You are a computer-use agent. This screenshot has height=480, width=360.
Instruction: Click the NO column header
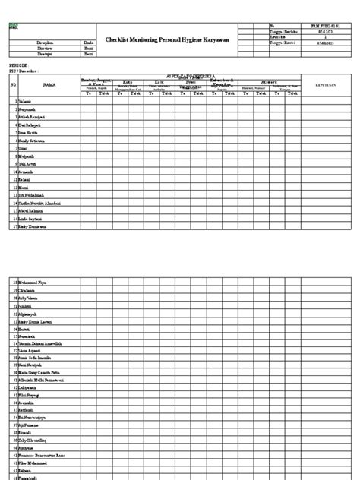(13, 85)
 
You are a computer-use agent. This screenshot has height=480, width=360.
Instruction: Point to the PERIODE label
(16, 66)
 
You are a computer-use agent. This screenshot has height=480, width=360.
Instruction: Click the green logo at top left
(12, 24)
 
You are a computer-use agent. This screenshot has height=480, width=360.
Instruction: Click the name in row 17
(33, 227)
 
